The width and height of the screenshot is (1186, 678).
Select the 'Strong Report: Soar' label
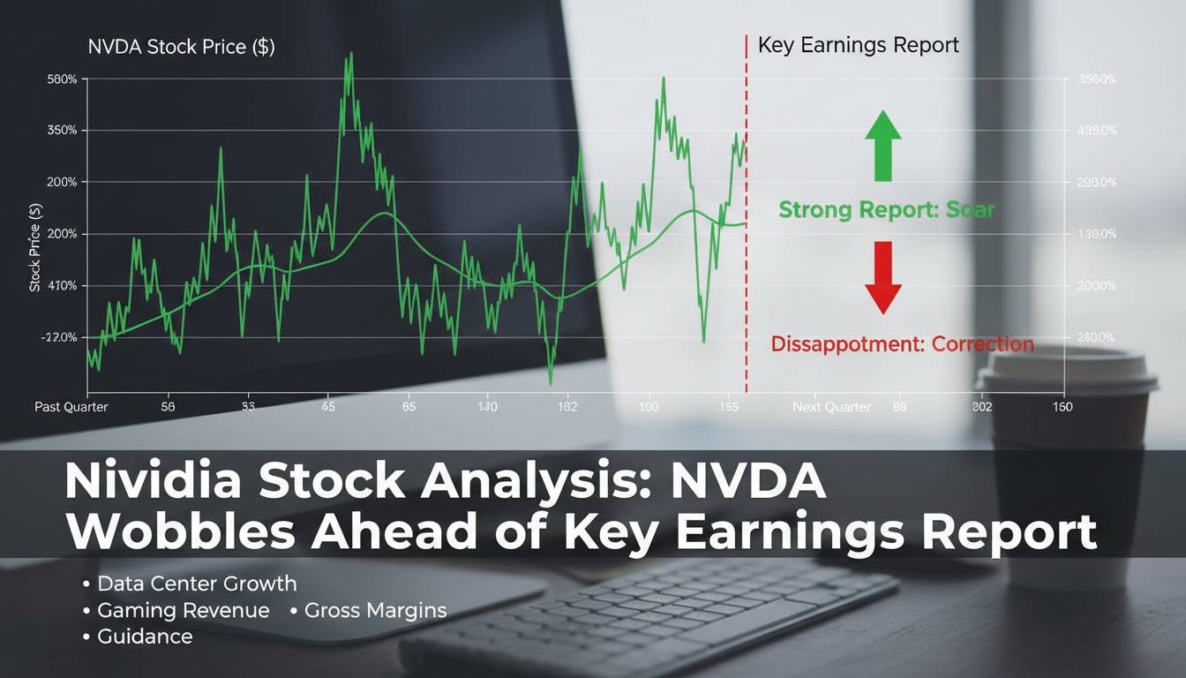[x=886, y=210]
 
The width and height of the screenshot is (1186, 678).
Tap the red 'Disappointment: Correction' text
[x=902, y=343]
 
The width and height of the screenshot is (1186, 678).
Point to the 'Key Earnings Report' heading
[x=858, y=46]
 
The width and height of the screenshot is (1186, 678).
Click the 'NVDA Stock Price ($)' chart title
[x=181, y=48]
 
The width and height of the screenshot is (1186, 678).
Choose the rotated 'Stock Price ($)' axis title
[x=35, y=247]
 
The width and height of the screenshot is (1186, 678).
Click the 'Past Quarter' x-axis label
[x=71, y=407]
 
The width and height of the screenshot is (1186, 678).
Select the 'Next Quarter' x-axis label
[x=831, y=407]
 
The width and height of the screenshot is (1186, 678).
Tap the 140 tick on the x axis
[x=486, y=407]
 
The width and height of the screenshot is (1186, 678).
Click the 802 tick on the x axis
[x=981, y=407]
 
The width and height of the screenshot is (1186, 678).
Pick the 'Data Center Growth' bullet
[x=197, y=584]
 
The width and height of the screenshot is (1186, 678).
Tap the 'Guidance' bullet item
[x=145, y=637]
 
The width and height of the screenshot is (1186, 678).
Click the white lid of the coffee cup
[x=1066, y=375]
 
